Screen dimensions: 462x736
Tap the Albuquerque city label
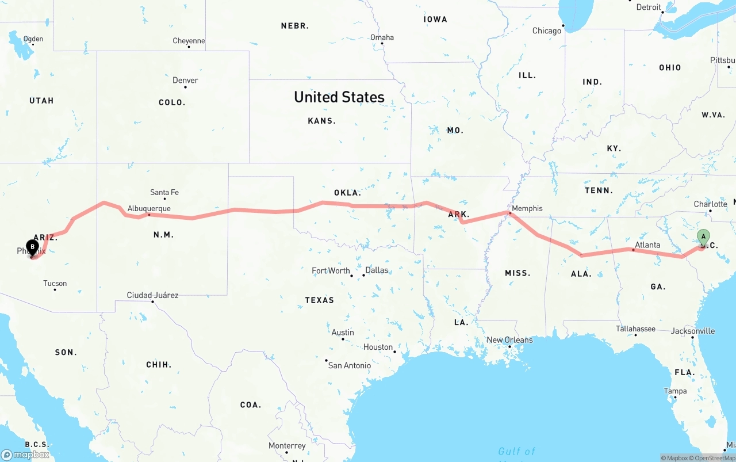(x=149, y=209)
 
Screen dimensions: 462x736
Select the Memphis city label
(x=527, y=208)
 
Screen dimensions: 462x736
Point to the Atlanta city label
(x=647, y=245)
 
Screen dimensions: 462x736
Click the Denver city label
(x=185, y=81)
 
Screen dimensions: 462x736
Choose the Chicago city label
(x=546, y=30)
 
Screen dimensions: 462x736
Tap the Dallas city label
(x=377, y=270)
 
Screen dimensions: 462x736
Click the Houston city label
(x=378, y=347)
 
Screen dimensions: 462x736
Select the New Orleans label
(x=509, y=340)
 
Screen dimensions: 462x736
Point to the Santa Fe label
(x=164, y=192)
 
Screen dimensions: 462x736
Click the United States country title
(x=339, y=97)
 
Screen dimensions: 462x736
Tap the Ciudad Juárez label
(x=152, y=295)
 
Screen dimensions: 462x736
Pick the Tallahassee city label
(x=635, y=329)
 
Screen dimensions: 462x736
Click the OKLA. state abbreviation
(x=347, y=193)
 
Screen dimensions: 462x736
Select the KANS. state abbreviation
(x=322, y=121)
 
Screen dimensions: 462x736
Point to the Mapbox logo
(x=25, y=455)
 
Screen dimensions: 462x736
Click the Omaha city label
(x=382, y=37)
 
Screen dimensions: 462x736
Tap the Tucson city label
(x=55, y=283)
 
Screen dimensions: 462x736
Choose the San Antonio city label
(x=350, y=365)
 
